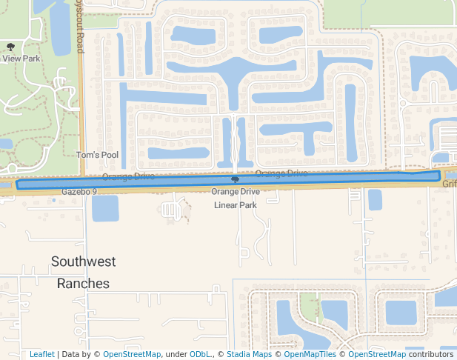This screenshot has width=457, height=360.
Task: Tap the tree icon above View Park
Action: tap(10, 47)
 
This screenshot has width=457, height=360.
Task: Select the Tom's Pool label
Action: tap(97, 156)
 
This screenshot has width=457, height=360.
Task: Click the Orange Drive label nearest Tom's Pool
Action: tap(129, 176)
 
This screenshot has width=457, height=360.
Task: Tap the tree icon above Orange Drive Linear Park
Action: tap(236, 180)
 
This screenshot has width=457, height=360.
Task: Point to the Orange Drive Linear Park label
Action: tap(236, 198)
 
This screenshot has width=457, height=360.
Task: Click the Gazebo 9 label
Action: tap(79, 192)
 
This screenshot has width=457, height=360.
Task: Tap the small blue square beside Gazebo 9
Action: tap(55, 199)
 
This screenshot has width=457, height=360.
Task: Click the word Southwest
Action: tap(84, 261)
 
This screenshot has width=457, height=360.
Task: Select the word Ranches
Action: tap(83, 283)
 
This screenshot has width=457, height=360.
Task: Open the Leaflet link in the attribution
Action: tap(42, 354)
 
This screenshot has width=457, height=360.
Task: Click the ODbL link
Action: tap(200, 354)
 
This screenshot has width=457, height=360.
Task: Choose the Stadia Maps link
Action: tap(249, 354)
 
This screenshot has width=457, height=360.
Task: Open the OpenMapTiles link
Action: tap(310, 354)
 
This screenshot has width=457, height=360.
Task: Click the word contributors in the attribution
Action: tap(430, 354)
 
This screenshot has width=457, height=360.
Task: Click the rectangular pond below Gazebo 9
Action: tap(104, 207)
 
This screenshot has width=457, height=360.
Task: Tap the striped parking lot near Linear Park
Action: tap(171, 210)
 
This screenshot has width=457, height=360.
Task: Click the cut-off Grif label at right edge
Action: tap(450, 182)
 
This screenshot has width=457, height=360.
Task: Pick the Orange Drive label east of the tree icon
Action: tap(281, 173)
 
